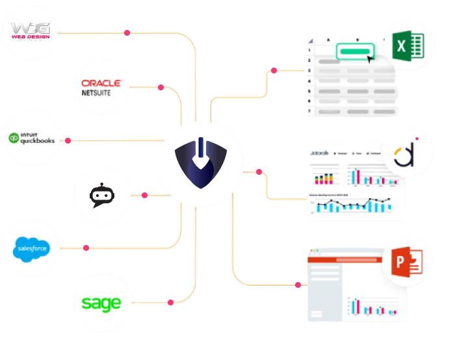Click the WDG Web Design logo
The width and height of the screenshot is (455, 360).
pyautogui.click(x=31, y=32)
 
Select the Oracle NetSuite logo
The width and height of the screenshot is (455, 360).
pyautogui.click(x=101, y=87)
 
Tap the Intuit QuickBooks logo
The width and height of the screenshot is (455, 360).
pyautogui.click(x=31, y=138)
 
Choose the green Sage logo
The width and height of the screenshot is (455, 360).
pyautogui.click(x=101, y=303)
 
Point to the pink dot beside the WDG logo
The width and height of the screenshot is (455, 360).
pyautogui.click(x=127, y=32)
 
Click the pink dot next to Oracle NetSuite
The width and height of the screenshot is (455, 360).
pyautogui.click(x=161, y=87)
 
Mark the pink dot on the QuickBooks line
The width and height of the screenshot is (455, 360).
pyautogui.click(x=67, y=140)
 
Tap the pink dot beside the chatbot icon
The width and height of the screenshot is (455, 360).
pyautogui.click(x=144, y=195)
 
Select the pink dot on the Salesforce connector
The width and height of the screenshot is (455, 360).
pyautogui.click(x=86, y=248)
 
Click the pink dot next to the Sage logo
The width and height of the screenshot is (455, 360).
pyautogui.click(x=170, y=302)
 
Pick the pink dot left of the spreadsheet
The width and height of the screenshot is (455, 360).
pyautogui.click(x=274, y=70)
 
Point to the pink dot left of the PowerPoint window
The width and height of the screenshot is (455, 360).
pyautogui.click(x=298, y=285)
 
